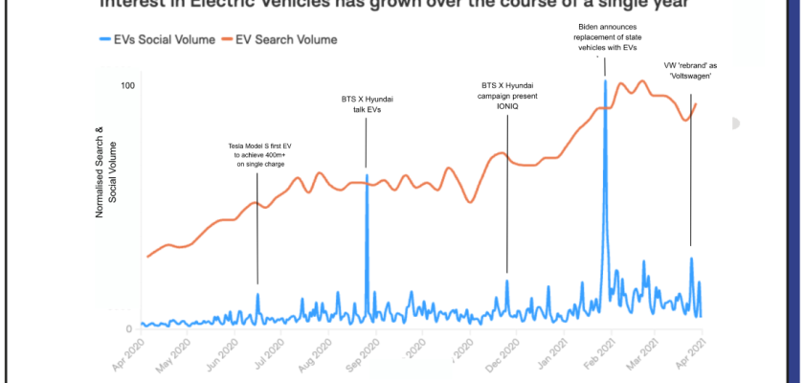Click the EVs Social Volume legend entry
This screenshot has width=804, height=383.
148,40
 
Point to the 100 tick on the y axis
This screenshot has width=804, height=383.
126,86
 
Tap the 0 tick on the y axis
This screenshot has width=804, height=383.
130,328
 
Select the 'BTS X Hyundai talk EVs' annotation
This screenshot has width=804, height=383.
368,104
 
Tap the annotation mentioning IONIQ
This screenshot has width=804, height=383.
507,95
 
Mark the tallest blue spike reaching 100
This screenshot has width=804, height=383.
605,81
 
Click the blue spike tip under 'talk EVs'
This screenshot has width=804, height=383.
367,174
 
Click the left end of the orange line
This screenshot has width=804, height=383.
147,257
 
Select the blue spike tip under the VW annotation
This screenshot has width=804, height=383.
691,259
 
